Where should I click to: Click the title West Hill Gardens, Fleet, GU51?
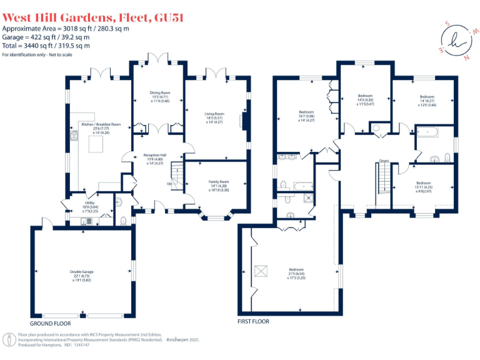[93, 18]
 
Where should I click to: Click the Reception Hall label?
[154, 158]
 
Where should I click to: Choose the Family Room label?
[219, 185]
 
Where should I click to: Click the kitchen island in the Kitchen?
[97, 145]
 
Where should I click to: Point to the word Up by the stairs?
[169, 184]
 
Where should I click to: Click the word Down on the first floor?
[384, 161]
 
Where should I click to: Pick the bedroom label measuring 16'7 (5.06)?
[306, 116]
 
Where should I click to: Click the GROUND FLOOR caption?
[51, 324]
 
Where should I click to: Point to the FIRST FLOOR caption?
[253, 321]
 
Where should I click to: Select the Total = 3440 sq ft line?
[46, 46]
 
